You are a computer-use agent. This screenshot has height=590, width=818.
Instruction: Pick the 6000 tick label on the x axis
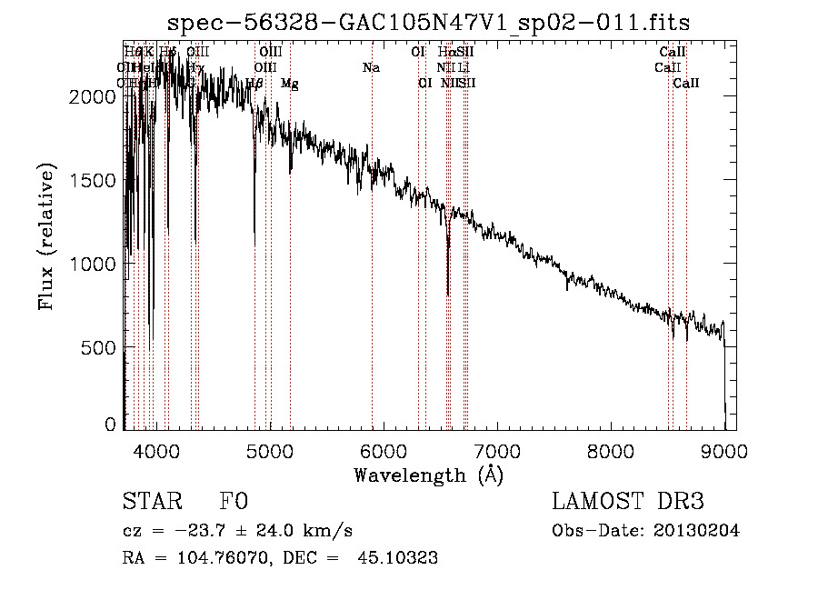click(383, 449)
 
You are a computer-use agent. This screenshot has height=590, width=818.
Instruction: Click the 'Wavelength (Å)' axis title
click(428, 475)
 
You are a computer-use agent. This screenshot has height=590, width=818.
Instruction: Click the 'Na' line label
click(371, 67)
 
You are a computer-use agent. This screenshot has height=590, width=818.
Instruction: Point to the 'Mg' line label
click(289, 83)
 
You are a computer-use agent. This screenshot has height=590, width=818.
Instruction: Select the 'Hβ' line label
click(254, 83)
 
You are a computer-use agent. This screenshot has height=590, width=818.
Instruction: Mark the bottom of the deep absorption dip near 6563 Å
click(448, 294)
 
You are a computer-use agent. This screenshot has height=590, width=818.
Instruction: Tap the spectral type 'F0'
click(233, 502)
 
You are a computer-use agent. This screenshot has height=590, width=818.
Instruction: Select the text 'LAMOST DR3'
click(628, 502)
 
